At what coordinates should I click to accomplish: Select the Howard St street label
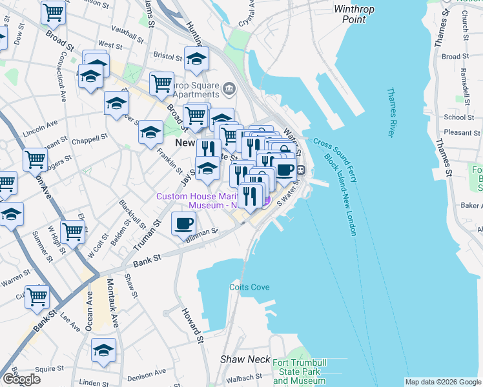tap(192, 326)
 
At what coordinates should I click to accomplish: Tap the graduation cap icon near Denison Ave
tap(103, 350)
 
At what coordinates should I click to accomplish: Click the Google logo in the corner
tap(21, 379)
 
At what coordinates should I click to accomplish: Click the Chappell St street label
tap(90, 139)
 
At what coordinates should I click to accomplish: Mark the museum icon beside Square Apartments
tap(229, 88)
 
